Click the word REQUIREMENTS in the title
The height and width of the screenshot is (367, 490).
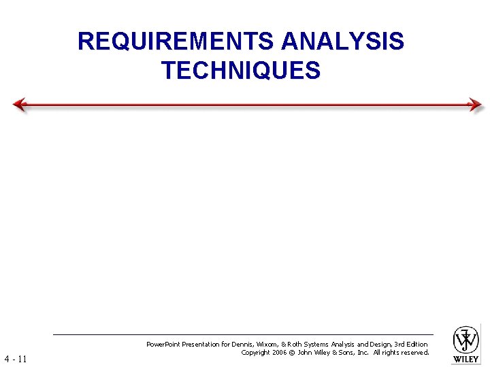click(176, 41)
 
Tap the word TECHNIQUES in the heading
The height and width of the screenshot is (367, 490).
click(241, 70)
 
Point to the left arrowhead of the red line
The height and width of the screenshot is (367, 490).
click(20, 105)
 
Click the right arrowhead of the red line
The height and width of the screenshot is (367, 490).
click(475, 105)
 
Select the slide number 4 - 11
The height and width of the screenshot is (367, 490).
click(15, 358)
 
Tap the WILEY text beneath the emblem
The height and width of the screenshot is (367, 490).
click(466, 358)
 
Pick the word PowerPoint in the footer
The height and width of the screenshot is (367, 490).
click(163, 345)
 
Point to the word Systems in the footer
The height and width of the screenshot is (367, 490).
click(321, 345)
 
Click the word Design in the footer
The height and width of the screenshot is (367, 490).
click(378, 345)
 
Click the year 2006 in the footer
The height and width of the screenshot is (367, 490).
click(280, 353)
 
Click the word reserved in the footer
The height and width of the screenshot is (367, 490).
click(414, 353)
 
